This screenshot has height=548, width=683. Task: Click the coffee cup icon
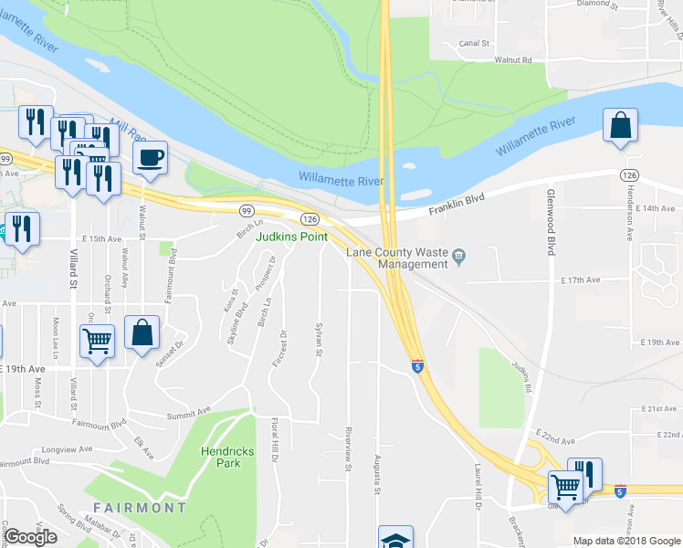(x=150, y=156)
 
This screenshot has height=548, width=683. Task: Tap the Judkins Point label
(x=291, y=237)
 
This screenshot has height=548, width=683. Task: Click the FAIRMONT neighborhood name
(x=139, y=507)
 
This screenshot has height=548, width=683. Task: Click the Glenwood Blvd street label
(x=551, y=224)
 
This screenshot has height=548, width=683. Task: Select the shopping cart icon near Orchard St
(x=97, y=342)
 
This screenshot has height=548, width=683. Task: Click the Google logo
(x=31, y=537)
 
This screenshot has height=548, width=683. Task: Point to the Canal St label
(x=475, y=43)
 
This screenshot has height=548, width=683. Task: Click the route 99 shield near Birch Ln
(x=247, y=210)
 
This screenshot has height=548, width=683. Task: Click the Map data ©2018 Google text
(x=626, y=541)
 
